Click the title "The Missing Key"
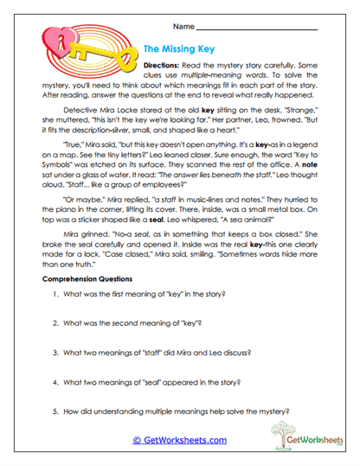pyautogui.click(x=184, y=50)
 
